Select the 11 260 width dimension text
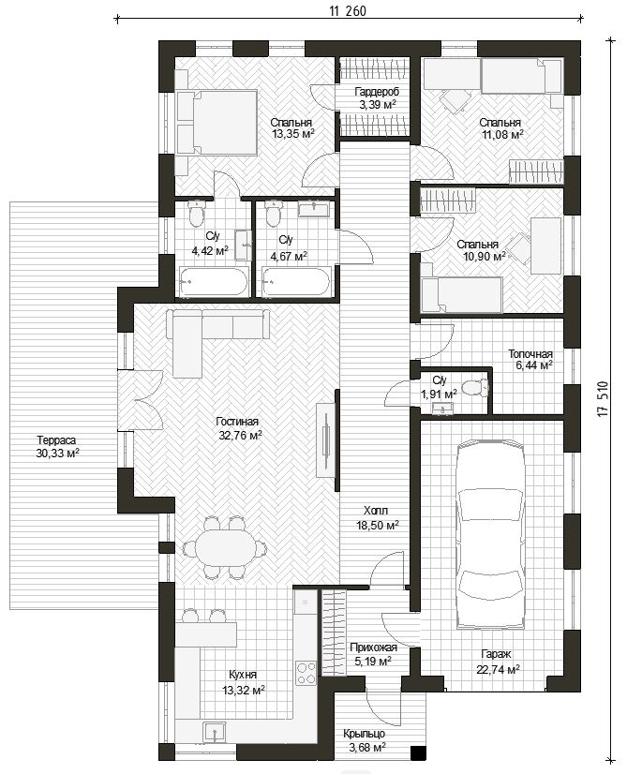(348, 11)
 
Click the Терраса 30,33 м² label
(57, 447)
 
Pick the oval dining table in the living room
(225, 547)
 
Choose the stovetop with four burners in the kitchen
(306, 674)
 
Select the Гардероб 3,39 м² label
(377, 97)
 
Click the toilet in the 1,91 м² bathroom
(475, 388)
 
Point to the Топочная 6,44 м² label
(530, 360)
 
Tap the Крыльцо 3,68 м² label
(366, 740)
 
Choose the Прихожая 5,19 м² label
(373, 653)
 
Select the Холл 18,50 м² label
(377, 517)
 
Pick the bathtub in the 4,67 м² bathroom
(296, 282)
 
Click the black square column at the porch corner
(418, 752)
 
